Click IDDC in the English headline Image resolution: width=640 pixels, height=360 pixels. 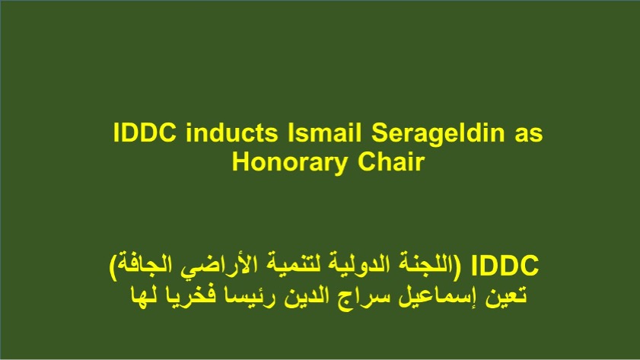(x=145, y=132)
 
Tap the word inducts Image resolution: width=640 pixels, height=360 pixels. (x=232, y=132)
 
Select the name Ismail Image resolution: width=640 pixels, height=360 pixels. (x=324, y=132)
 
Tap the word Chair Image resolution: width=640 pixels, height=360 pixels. (x=391, y=161)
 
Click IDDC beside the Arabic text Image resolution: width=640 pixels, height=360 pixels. (x=505, y=266)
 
